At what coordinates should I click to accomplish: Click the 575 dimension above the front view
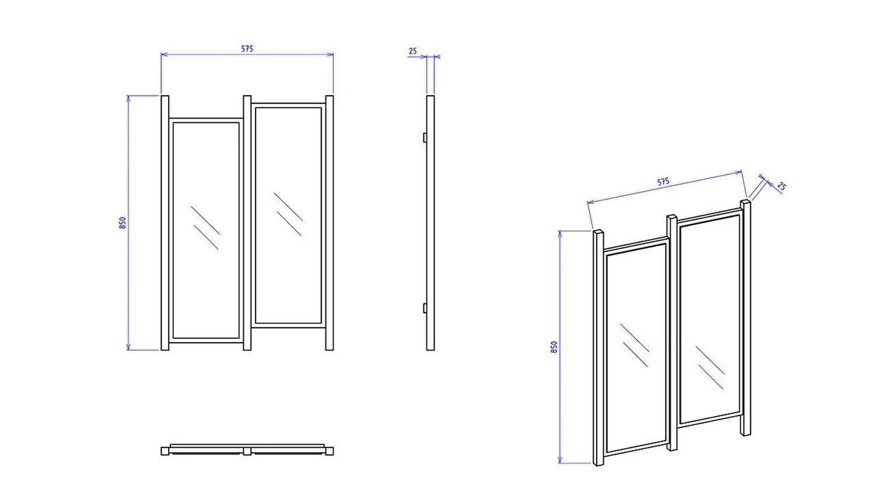[247, 49]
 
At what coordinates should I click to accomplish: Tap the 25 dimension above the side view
[413, 51]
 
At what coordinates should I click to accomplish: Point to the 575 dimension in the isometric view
[663, 182]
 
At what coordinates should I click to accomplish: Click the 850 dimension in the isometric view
[554, 347]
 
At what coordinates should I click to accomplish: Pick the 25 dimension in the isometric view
[780, 186]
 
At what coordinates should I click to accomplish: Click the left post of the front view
[165, 223]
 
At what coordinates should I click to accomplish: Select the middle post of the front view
[247, 223]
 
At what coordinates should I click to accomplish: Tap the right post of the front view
[330, 223]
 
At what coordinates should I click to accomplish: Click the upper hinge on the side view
[425, 138]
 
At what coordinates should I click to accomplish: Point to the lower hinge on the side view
[425, 308]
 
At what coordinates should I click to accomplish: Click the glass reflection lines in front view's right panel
[288, 214]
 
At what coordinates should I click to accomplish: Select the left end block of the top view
[165, 451]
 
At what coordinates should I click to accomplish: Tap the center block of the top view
[247, 451]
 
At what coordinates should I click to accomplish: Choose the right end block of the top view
[330, 451]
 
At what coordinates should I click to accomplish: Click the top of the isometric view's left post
[598, 233]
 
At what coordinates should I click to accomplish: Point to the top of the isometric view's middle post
[672, 217]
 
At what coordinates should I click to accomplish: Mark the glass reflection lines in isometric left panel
[635, 345]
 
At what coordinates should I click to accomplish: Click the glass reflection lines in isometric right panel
[710, 368]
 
